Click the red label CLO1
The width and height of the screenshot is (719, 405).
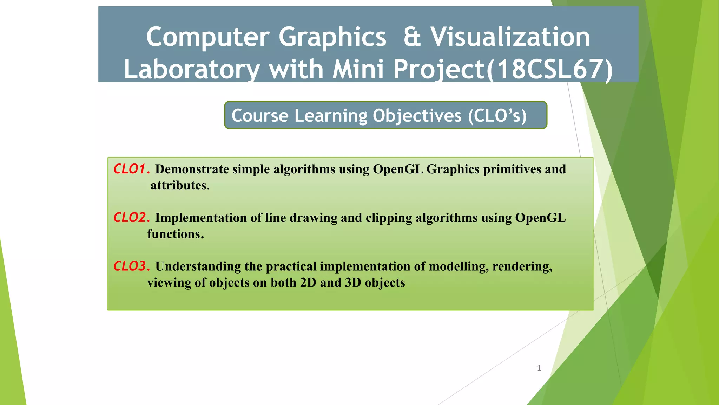pos(130,169)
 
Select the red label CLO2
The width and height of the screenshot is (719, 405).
pos(130,218)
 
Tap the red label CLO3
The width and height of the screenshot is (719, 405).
pos(130,266)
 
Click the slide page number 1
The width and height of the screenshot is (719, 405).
pos(539,368)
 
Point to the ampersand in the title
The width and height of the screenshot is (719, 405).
pos(412,37)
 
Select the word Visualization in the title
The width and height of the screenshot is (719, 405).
pos(510,37)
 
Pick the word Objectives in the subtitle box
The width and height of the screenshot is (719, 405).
pos(417,116)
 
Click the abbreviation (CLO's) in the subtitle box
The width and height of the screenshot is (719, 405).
pos(497,116)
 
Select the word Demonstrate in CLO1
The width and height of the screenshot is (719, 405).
pos(192,169)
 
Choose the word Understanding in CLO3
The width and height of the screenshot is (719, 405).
pos(198,266)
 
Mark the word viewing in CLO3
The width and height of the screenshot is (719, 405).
pos(169,283)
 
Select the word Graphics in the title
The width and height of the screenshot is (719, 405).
pos(332,37)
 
